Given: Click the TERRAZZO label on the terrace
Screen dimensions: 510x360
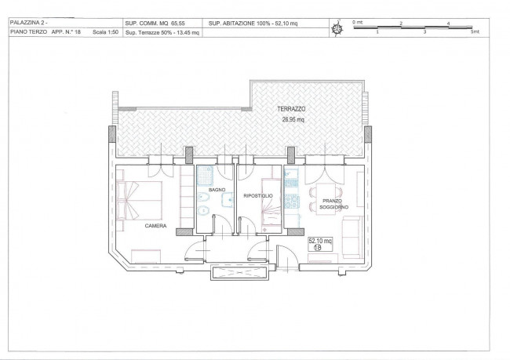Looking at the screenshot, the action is coord(291,109).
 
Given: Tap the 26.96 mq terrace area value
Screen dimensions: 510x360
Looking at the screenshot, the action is coord(293,119).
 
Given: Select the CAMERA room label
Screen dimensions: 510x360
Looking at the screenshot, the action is coord(155,226).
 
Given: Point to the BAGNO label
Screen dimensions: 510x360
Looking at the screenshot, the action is coord(217,190).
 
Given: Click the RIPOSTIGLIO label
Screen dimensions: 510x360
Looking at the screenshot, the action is coord(258,196).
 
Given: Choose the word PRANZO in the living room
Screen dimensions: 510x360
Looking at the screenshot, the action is coord(332,201).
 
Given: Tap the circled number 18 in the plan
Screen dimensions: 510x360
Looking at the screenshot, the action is coord(317,248).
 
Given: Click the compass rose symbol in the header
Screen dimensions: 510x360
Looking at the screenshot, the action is coord(337,28).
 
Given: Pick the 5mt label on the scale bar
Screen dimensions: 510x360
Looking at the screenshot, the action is coord(475,32).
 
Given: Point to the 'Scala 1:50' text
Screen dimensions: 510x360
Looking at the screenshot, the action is coord(105,32).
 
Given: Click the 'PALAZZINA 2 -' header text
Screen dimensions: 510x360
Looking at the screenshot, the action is coord(28,23).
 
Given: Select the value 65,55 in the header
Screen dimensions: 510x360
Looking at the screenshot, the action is coord(178,24).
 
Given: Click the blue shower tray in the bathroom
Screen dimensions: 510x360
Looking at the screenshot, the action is coord(206,176).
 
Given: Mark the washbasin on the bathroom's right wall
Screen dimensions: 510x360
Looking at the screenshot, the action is coord(228,200).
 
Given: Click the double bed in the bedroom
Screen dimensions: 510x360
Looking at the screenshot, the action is coord(140,200).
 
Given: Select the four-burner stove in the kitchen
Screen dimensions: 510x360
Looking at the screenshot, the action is coord(292,202).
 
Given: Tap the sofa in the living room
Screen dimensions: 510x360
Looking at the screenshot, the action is coord(352,238).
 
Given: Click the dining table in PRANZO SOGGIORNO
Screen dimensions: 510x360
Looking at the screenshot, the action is coord(326,198).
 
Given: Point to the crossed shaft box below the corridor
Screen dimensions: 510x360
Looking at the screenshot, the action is coord(239,272).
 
